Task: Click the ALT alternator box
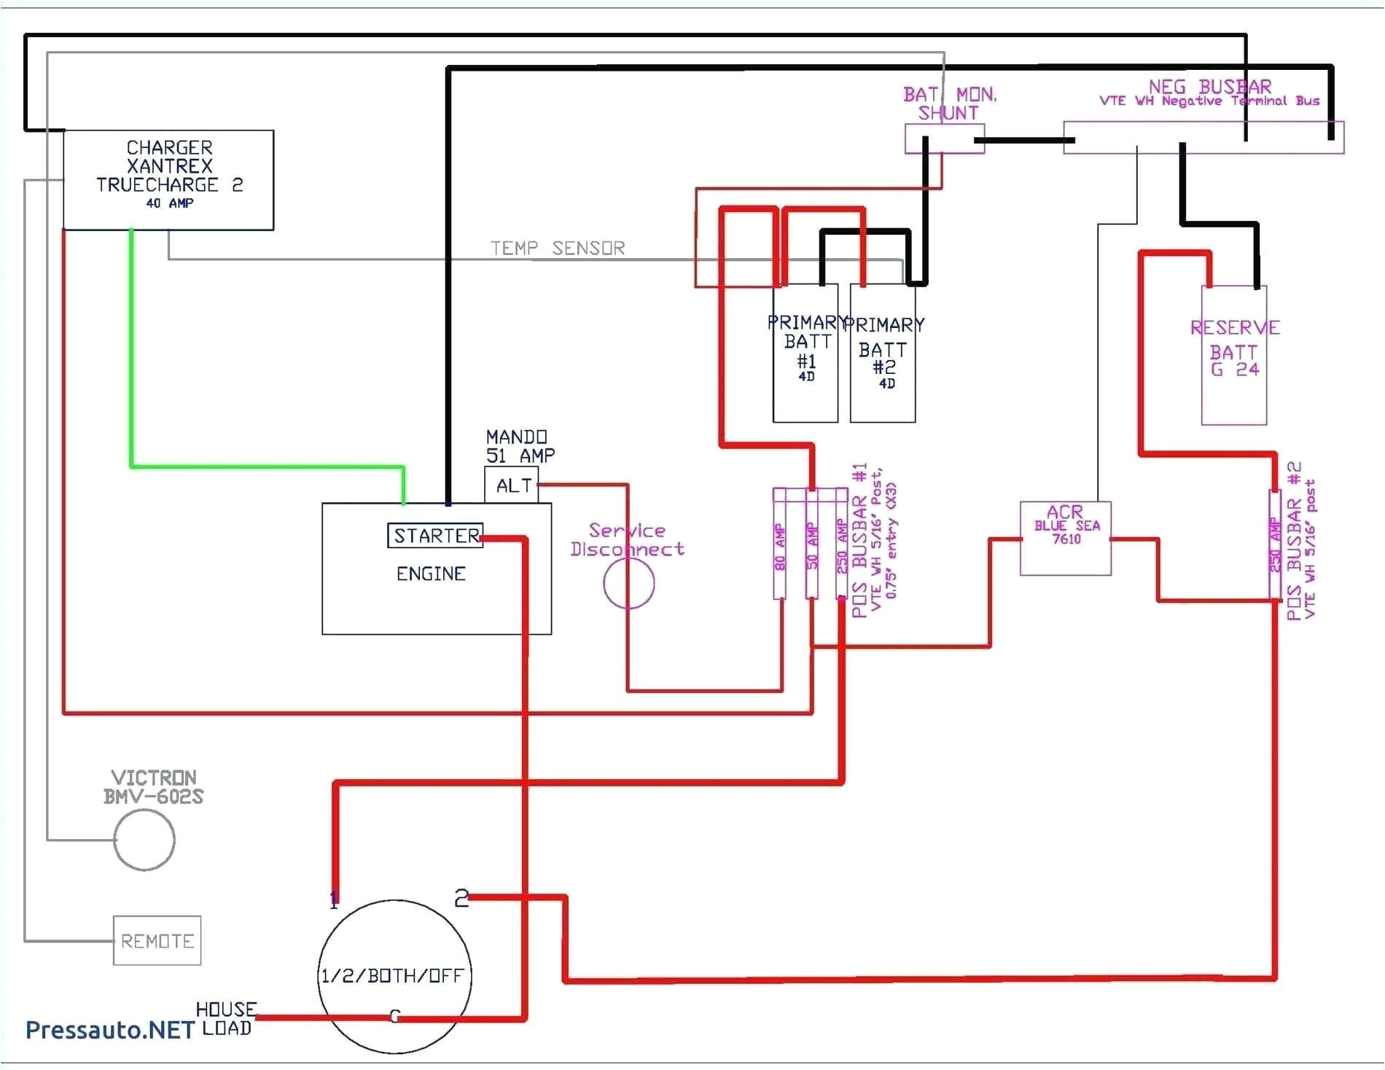[512, 485]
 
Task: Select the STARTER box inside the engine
[435, 536]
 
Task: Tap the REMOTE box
[157, 941]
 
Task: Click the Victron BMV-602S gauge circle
[144, 840]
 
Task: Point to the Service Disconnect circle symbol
[628, 583]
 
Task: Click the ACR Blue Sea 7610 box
[1065, 538]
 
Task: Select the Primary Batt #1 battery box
[805, 354]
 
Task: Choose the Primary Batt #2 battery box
[883, 354]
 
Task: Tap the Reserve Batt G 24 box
[1234, 355]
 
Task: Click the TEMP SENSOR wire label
[558, 249]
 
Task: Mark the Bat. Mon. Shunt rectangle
[944, 138]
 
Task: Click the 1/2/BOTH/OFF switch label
[392, 976]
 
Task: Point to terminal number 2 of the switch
[461, 898]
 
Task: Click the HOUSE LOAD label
[226, 1019]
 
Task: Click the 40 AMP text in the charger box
[169, 203]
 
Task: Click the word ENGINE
[431, 574]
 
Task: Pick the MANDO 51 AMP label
[520, 446]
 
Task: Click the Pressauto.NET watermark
[109, 1030]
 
